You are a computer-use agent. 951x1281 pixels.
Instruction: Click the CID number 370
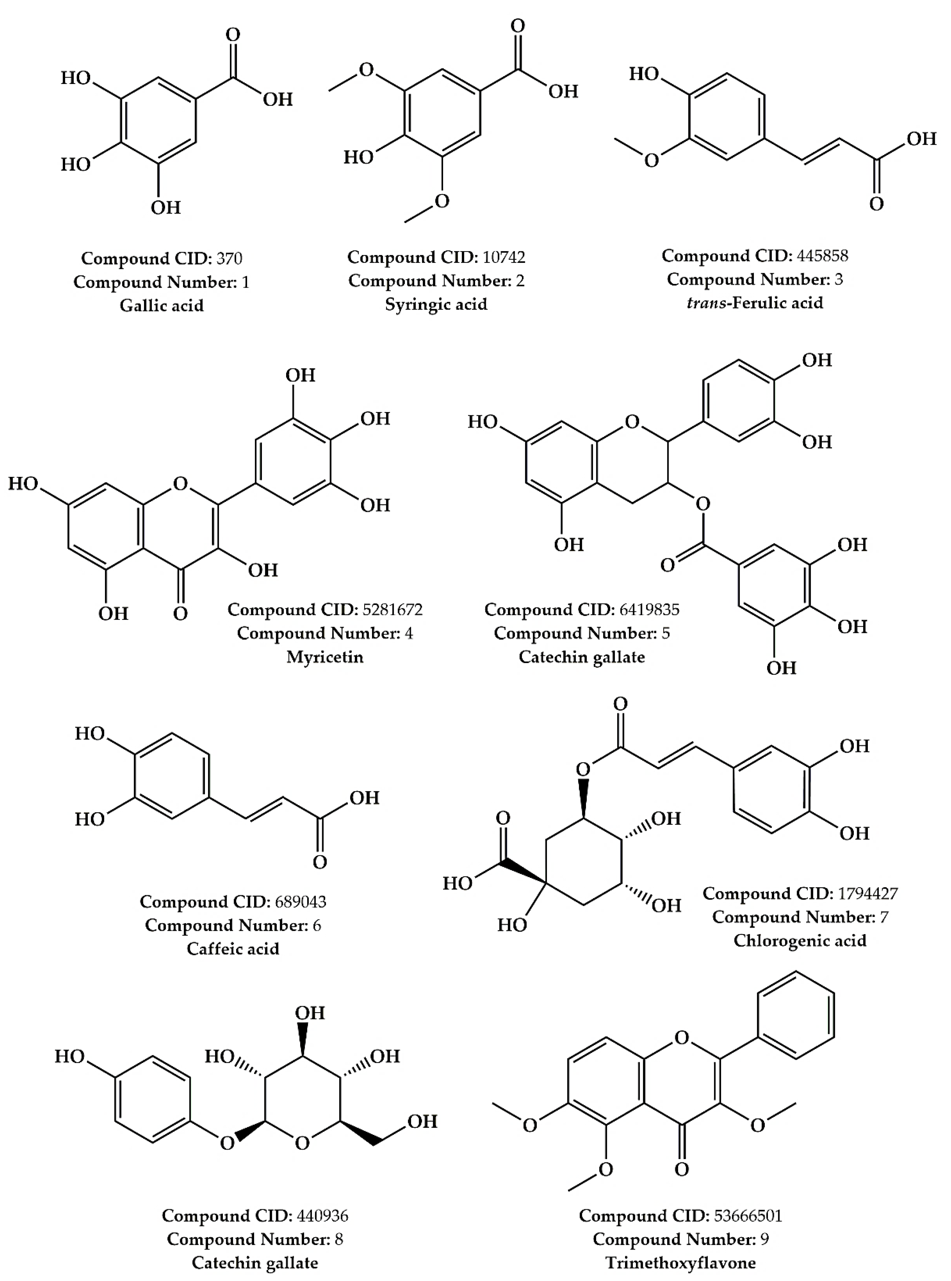click(x=229, y=258)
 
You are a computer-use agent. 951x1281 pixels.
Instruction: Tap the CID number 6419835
click(x=649, y=610)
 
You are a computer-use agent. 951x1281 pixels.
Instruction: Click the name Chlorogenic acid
click(x=800, y=940)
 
